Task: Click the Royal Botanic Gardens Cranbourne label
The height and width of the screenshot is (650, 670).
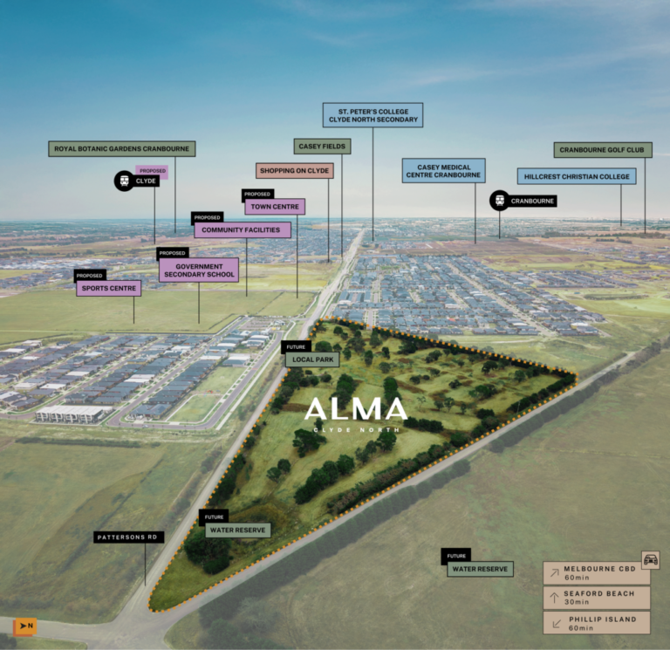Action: [x=122, y=148]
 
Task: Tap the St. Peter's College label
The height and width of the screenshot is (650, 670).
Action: [x=373, y=115]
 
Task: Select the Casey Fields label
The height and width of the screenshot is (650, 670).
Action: [x=322, y=147]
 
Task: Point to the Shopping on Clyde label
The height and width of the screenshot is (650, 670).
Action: [x=294, y=170]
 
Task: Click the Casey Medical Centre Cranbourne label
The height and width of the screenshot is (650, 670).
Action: [x=443, y=171]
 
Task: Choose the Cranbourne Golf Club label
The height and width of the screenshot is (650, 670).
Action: [x=603, y=149]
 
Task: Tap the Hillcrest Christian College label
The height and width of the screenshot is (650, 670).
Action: [x=577, y=176]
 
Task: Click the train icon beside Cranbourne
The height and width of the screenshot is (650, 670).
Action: [x=500, y=201]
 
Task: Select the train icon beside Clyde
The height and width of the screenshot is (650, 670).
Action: [x=125, y=181]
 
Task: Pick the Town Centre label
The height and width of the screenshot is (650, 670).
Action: [x=275, y=207]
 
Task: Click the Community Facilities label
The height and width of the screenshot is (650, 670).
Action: [x=243, y=230]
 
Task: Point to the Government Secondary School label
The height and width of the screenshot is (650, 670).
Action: [x=199, y=270]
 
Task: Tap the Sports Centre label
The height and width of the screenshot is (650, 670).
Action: [x=108, y=289]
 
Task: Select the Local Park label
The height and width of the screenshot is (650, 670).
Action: [x=312, y=359]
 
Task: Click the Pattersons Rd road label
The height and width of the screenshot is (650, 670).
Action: [x=128, y=537]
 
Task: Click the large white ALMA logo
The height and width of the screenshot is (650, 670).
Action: [x=356, y=409]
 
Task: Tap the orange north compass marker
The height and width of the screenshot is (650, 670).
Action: [x=25, y=626]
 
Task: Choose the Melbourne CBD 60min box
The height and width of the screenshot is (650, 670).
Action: [x=597, y=573]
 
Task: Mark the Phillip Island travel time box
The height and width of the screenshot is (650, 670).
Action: [x=597, y=623]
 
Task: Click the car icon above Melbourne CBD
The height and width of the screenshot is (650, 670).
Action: [x=650, y=559]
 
